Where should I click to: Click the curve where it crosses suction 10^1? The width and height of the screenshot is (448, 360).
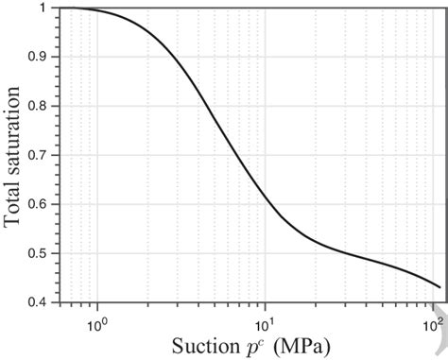pyautogui.click(x=266, y=194)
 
